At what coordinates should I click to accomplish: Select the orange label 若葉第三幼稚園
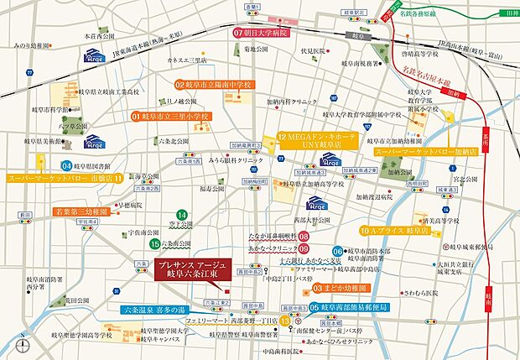[81, 212]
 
